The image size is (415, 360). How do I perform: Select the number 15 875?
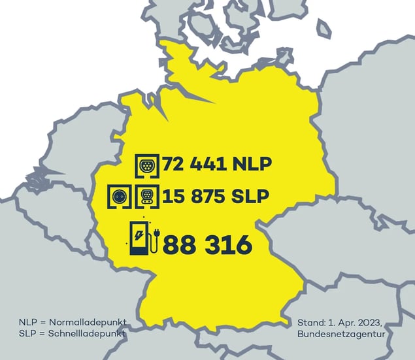(195, 196)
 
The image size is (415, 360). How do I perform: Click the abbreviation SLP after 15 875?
(249, 196)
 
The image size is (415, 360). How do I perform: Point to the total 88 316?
(207, 246)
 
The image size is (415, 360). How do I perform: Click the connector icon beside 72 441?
(148, 164)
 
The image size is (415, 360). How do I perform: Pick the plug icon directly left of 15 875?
(148, 196)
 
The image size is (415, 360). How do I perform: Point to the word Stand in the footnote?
(310, 323)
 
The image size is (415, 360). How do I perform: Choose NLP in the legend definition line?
(28, 323)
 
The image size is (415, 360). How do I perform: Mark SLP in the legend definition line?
(27, 333)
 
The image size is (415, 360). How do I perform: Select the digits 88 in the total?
(178, 246)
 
